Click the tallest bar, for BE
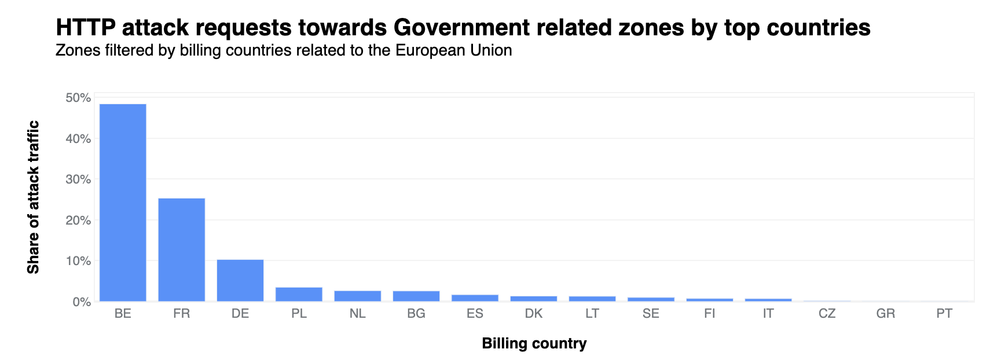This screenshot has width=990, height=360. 123,203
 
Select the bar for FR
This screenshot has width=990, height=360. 181,249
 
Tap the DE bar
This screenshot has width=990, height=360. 240,280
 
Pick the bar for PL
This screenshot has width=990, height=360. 299,294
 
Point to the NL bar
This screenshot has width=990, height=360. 358,296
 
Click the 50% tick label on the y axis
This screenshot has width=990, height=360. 78,98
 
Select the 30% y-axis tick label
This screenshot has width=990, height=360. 78,179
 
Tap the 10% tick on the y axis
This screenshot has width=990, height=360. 78,261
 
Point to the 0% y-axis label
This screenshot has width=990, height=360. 80,302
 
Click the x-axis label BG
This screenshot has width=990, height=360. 416,314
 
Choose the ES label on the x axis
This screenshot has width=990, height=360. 475,314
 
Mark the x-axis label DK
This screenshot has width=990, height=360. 534,314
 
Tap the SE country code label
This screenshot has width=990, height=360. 651,314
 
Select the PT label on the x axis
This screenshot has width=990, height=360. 944,314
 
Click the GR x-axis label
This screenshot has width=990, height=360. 886,314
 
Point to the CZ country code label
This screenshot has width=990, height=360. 827,314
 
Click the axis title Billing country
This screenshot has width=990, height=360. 534,344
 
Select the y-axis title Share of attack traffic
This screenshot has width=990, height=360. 34,197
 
